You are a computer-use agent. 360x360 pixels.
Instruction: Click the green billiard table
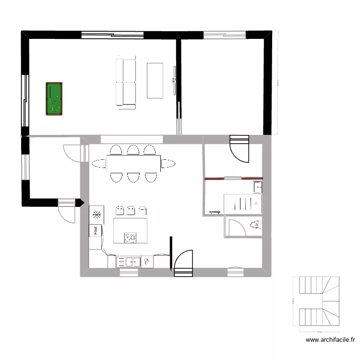[x=54, y=99]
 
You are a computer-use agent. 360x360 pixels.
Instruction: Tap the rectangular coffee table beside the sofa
[x=155, y=80]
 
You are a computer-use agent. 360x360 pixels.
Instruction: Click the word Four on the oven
[x=96, y=230]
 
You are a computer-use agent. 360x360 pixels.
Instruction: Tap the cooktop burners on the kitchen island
[x=130, y=237]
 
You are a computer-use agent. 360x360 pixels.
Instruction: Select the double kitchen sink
[x=129, y=262]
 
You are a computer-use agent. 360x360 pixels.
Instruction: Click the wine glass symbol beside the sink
[x=146, y=262]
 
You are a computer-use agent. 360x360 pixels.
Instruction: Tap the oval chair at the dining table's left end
[x=99, y=164]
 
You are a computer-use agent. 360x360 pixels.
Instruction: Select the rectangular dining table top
[x=133, y=164]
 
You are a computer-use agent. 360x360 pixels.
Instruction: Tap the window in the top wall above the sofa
[x=113, y=34]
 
